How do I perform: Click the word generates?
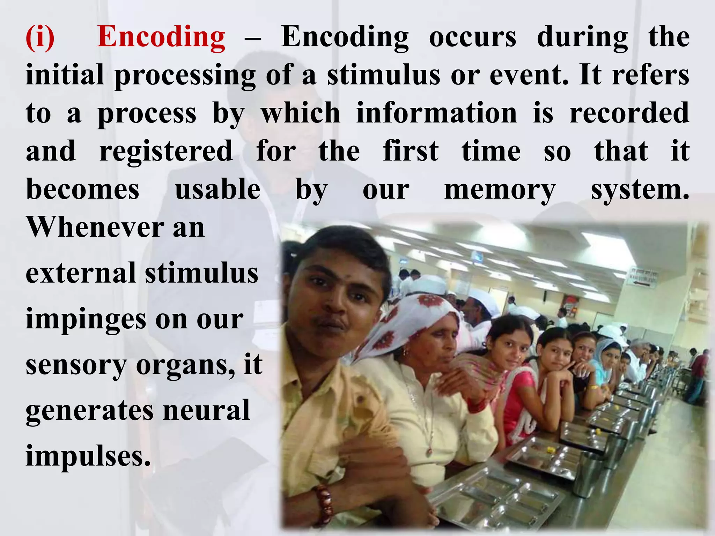pos(89,411)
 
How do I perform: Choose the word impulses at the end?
pos(88,456)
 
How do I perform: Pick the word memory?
pos(500,191)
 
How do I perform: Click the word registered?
pos(166,151)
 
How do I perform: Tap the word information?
pos(436,113)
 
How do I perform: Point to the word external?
pos(80,273)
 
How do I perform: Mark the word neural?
pos(206,410)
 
